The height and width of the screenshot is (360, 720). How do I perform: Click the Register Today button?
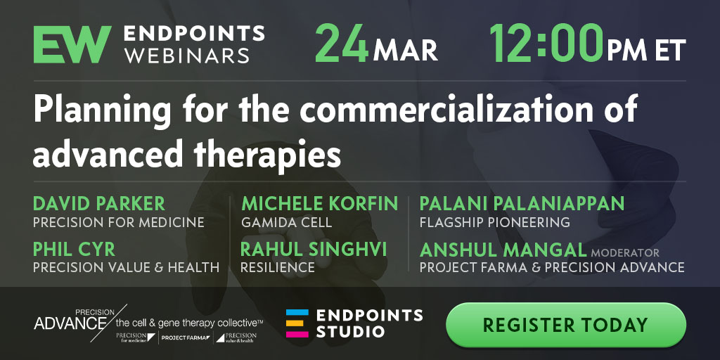click(x=566, y=325)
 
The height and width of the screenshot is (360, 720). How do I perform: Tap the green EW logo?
click(x=72, y=44)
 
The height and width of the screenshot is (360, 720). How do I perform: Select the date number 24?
click(x=342, y=44)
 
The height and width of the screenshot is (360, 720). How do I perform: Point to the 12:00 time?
click(x=546, y=44)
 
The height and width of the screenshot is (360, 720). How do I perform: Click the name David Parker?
click(x=99, y=203)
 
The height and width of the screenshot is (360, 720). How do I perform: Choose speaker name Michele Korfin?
click(x=320, y=203)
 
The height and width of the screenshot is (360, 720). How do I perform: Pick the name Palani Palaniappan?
click(x=522, y=203)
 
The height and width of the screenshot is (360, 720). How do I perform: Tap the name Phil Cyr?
click(x=74, y=250)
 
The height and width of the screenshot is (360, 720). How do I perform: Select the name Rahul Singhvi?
click(x=314, y=250)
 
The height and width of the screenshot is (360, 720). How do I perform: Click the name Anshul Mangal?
click(x=503, y=250)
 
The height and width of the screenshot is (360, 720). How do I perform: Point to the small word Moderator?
click(x=625, y=253)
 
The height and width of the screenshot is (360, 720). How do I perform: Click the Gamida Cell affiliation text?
click(x=287, y=223)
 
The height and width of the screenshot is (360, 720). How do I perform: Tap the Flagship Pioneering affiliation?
click(x=494, y=223)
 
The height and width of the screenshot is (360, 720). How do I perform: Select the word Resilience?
click(x=277, y=267)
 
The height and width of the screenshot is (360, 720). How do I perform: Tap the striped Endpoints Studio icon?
click(x=297, y=323)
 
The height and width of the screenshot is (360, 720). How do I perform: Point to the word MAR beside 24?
click(x=405, y=51)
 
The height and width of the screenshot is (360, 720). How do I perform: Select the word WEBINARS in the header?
click(x=187, y=56)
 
